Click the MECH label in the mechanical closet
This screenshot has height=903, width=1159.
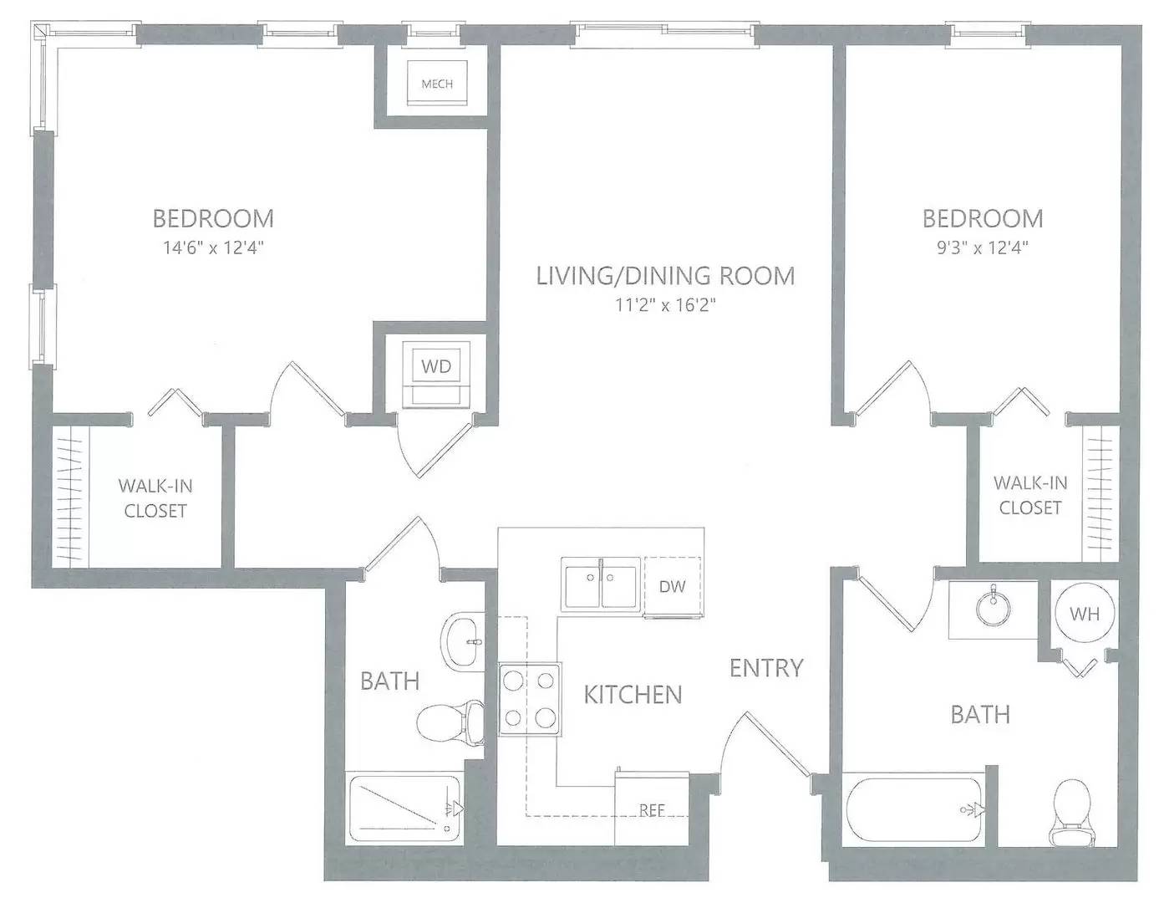click(437, 84)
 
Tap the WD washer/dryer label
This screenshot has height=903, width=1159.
click(436, 366)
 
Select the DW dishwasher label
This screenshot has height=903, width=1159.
click(672, 587)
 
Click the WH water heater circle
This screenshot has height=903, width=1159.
click(1085, 613)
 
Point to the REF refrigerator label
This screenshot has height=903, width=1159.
click(652, 810)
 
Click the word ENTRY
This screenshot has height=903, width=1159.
click(766, 668)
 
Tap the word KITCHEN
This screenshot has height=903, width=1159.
click(633, 695)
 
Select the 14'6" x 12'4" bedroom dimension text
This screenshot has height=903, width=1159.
click(213, 248)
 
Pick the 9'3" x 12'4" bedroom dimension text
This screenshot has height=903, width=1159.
click(983, 248)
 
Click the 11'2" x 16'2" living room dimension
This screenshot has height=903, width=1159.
click(665, 305)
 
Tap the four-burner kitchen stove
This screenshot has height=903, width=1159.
click(530, 700)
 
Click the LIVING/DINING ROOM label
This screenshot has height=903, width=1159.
click(665, 276)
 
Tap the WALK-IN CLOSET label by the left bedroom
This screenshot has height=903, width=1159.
click(155, 498)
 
